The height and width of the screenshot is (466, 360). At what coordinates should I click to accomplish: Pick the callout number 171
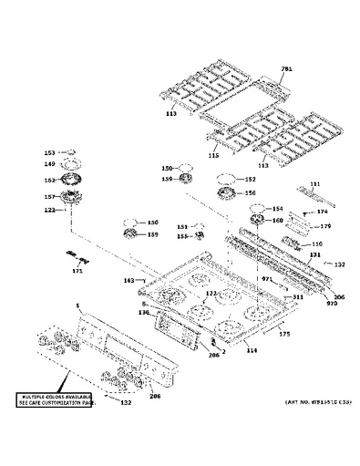point(77,271)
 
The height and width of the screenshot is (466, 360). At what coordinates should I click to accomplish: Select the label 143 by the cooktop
point(129,280)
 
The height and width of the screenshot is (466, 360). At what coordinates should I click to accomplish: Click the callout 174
point(321,212)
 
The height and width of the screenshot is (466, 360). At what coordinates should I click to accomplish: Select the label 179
point(324,226)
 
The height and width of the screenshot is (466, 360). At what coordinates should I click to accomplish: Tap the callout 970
point(332,304)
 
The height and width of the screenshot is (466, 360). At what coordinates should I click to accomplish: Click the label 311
point(297,297)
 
